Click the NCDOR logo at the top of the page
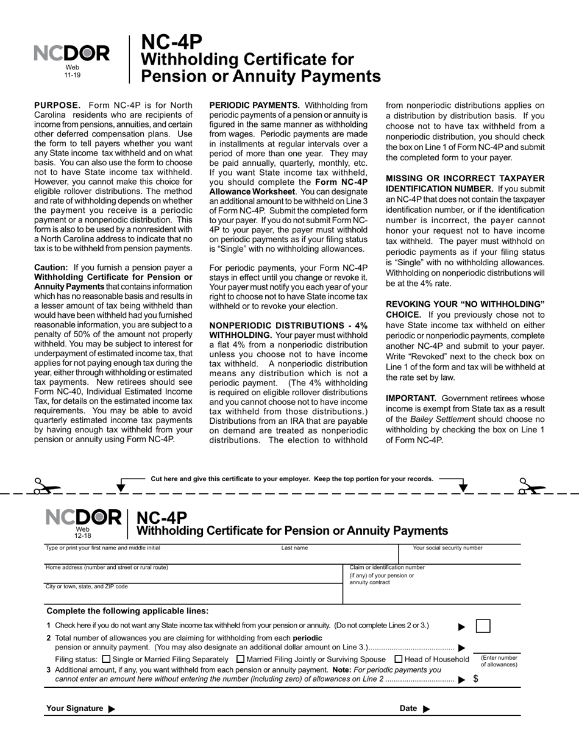72,54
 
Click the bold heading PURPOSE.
57,105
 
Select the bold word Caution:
51,267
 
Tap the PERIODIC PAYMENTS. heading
254,105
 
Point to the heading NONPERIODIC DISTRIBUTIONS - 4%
288,326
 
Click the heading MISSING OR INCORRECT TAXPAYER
465,178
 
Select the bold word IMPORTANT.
411,398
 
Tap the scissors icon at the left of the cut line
46,486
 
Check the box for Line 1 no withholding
483,626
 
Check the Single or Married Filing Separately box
107,659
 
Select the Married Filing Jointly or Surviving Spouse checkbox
240,659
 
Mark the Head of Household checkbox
399,659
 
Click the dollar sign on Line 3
475,679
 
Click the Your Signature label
74,708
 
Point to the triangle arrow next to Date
426,709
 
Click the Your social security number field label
447,548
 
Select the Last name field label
294,548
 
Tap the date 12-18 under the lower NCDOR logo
82,535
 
